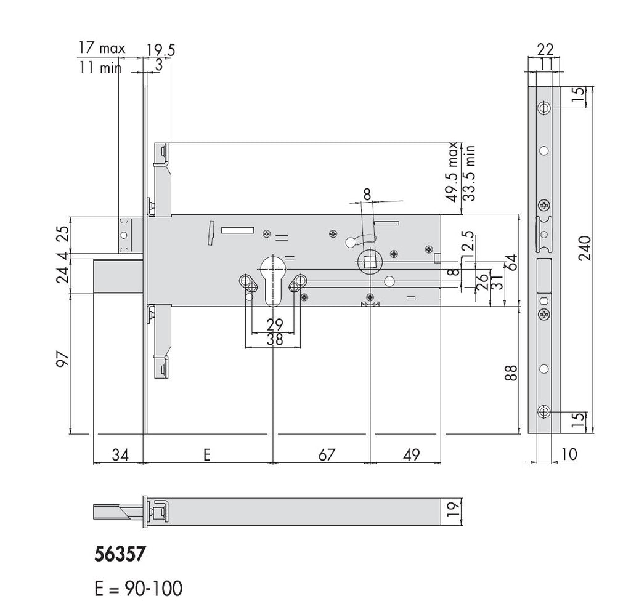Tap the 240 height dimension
pos(588,249)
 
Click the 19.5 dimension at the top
pos(161,49)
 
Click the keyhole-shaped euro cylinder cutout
pos(272,278)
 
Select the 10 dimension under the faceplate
pos(569,454)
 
